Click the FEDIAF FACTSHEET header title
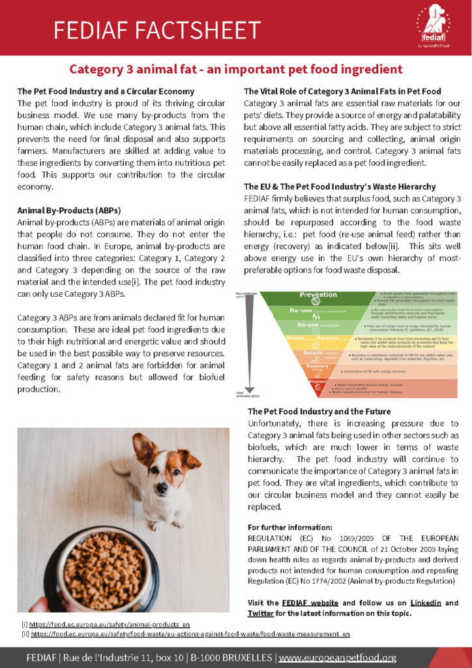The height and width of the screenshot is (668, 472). [156, 29]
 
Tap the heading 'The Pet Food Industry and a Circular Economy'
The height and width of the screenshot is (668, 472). [106, 91]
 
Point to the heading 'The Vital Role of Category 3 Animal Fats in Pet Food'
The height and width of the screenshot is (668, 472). [342, 91]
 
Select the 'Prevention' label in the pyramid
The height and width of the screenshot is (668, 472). [318, 295]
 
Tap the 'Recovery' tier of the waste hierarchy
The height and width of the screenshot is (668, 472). [318, 367]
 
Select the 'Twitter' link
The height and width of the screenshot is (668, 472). [260, 613]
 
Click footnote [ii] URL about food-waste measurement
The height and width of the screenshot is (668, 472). [190, 633]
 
